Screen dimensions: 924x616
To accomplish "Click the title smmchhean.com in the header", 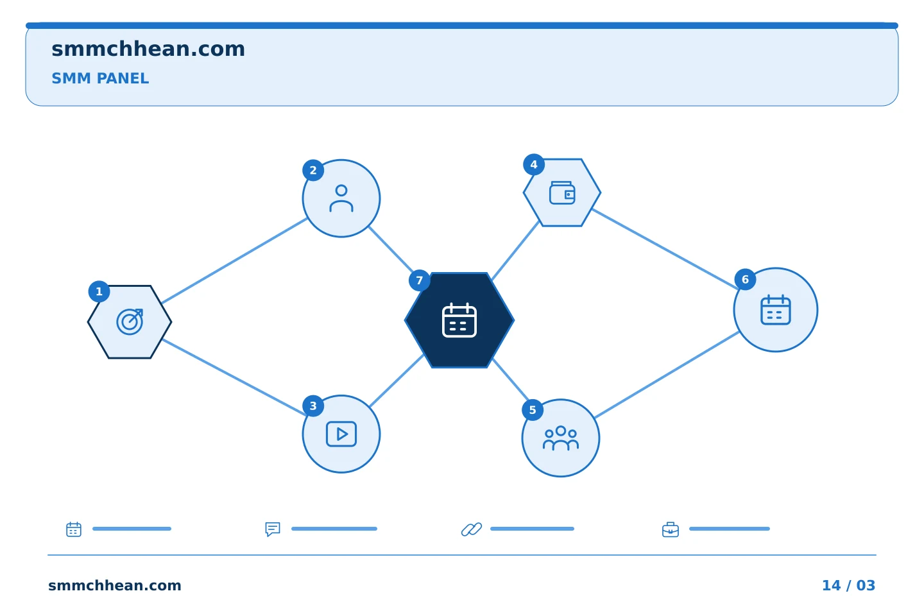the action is tap(148, 49).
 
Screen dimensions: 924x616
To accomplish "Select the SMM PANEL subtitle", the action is tap(100, 78).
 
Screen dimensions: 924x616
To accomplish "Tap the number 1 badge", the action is tap(99, 292).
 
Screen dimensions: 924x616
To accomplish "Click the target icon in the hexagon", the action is tap(130, 321).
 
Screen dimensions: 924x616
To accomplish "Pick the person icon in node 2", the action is tap(341, 198).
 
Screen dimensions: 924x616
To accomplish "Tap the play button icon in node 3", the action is tap(341, 434).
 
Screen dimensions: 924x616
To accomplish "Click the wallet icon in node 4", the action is tap(562, 193).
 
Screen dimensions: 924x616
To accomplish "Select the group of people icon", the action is tap(561, 438).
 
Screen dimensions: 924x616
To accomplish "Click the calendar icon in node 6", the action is tap(776, 310).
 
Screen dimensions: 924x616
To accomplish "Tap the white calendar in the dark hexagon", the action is tap(459, 320).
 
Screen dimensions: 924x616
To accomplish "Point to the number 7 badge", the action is tap(420, 280).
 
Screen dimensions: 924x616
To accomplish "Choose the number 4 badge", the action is tap(534, 165).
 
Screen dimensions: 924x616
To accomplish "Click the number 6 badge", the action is tap(746, 279).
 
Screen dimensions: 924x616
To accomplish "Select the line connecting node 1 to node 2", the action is tap(234, 261).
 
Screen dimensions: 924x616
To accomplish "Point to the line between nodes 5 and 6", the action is tap(667, 375).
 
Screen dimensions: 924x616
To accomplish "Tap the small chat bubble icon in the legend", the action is tap(273, 529).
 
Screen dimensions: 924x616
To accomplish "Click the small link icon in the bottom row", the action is tap(472, 529).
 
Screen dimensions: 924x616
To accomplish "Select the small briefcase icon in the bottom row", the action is tap(671, 530).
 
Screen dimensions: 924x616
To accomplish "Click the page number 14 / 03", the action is tap(848, 585).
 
